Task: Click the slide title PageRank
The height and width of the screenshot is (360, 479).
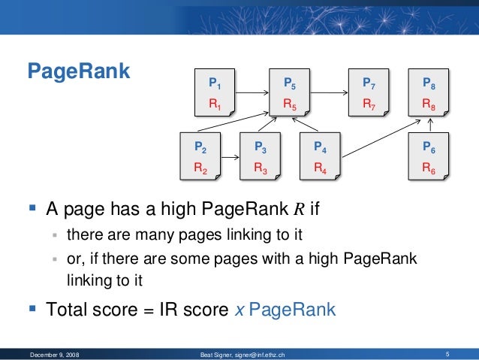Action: pos(79,72)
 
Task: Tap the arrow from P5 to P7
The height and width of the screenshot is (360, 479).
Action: pos(329,93)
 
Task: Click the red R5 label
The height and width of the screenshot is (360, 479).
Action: pos(289,105)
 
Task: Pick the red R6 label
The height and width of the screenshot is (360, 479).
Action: pos(429,169)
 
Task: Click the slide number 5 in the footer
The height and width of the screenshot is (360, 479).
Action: pos(447,353)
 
